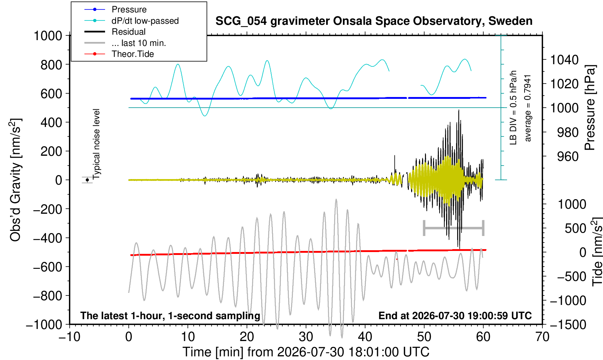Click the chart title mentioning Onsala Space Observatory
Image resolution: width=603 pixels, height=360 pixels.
374,21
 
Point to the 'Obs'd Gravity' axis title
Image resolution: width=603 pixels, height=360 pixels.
16,180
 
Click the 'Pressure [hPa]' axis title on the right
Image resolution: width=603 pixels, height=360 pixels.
590,108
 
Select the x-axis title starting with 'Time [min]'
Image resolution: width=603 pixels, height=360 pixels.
306,352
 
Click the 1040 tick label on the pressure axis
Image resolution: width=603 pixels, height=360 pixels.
564,59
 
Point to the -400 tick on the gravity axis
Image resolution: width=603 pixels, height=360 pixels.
47,238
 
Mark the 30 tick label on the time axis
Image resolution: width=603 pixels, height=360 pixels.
306,337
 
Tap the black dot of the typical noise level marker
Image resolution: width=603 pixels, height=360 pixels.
87,180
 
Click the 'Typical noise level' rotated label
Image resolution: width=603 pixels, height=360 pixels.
96,144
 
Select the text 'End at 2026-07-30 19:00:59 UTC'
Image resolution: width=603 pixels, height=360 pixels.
455,316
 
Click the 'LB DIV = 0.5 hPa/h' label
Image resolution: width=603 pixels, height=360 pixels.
513,108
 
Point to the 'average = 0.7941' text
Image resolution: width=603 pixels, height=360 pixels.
527,108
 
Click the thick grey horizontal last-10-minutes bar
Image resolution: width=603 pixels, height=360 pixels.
454,228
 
